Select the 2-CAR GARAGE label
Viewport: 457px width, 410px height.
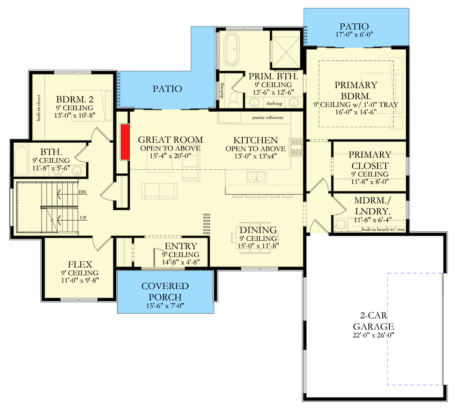point(373,321)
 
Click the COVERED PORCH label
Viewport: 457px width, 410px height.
point(165,291)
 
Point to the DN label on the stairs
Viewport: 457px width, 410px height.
point(83,192)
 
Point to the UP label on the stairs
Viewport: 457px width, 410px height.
point(83,218)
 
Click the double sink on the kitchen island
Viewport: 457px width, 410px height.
point(255,176)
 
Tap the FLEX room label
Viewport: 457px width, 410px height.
point(80,264)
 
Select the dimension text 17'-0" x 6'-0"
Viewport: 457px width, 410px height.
point(354,35)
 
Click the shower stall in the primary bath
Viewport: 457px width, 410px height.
point(285,47)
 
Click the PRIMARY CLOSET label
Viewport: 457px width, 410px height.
point(369,160)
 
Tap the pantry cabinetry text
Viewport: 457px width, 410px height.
point(268,118)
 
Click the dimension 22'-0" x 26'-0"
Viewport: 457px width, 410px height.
point(373,335)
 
